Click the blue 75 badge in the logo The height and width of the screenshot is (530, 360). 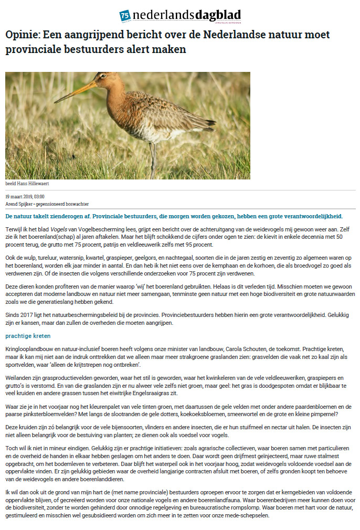[x=125, y=16]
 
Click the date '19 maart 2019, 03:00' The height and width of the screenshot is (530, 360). [x=25, y=196]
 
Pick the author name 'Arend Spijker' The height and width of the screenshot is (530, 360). [x=19, y=203]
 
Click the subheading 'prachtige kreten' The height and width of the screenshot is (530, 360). [x=28, y=335]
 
